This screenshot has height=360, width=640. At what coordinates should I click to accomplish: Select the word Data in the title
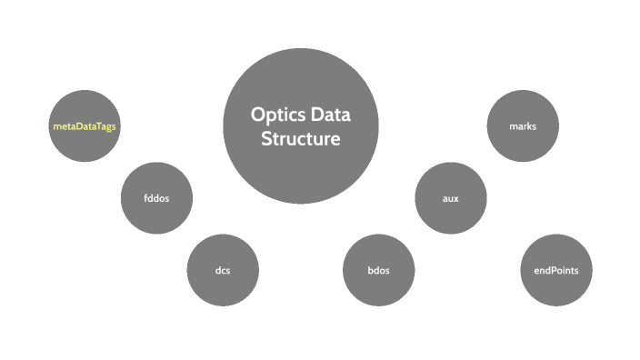(328, 115)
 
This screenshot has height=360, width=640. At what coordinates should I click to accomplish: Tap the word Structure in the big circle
(301, 139)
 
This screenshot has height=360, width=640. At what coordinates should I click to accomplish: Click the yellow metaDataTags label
(85, 126)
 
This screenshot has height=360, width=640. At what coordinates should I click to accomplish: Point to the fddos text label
(156, 199)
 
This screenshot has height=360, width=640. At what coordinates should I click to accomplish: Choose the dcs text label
(223, 271)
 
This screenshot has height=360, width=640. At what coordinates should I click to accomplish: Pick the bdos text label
(379, 271)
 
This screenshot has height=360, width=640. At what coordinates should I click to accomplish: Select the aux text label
(451, 199)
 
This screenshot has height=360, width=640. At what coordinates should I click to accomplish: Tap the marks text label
(523, 126)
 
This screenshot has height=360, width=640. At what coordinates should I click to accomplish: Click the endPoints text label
(556, 271)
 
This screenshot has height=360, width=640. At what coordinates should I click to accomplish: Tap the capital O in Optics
(257, 115)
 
